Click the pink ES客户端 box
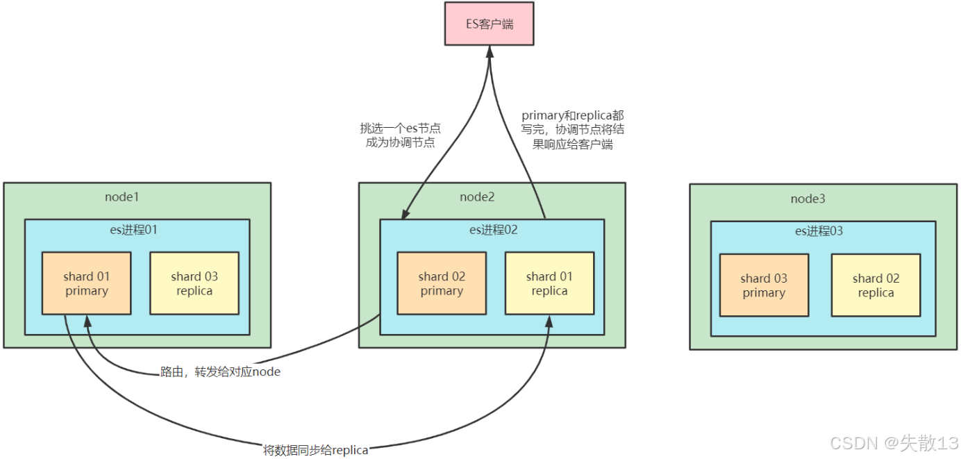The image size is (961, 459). [x=490, y=24]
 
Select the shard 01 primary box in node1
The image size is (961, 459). [x=87, y=283]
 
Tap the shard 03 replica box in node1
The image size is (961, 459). [x=194, y=283]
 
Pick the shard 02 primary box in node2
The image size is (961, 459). [x=442, y=283]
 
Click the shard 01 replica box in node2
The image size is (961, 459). [x=549, y=283]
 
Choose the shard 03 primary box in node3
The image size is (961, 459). [x=764, y=285]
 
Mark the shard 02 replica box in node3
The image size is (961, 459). [x=876, y=285]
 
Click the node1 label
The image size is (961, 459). [x=122, y=197]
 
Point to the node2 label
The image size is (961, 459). [x=477, y=197]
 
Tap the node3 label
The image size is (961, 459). [x=808, y=199]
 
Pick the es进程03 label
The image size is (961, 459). [x=819, y=231]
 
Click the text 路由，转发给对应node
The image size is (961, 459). [x=220, y=372]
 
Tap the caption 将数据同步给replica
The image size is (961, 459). [x=315, y=450]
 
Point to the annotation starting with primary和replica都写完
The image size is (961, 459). [x=573, y=130]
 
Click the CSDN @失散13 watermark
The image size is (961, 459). [x=894, y=442]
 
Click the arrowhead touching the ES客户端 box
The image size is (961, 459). [x=490, y=53]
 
